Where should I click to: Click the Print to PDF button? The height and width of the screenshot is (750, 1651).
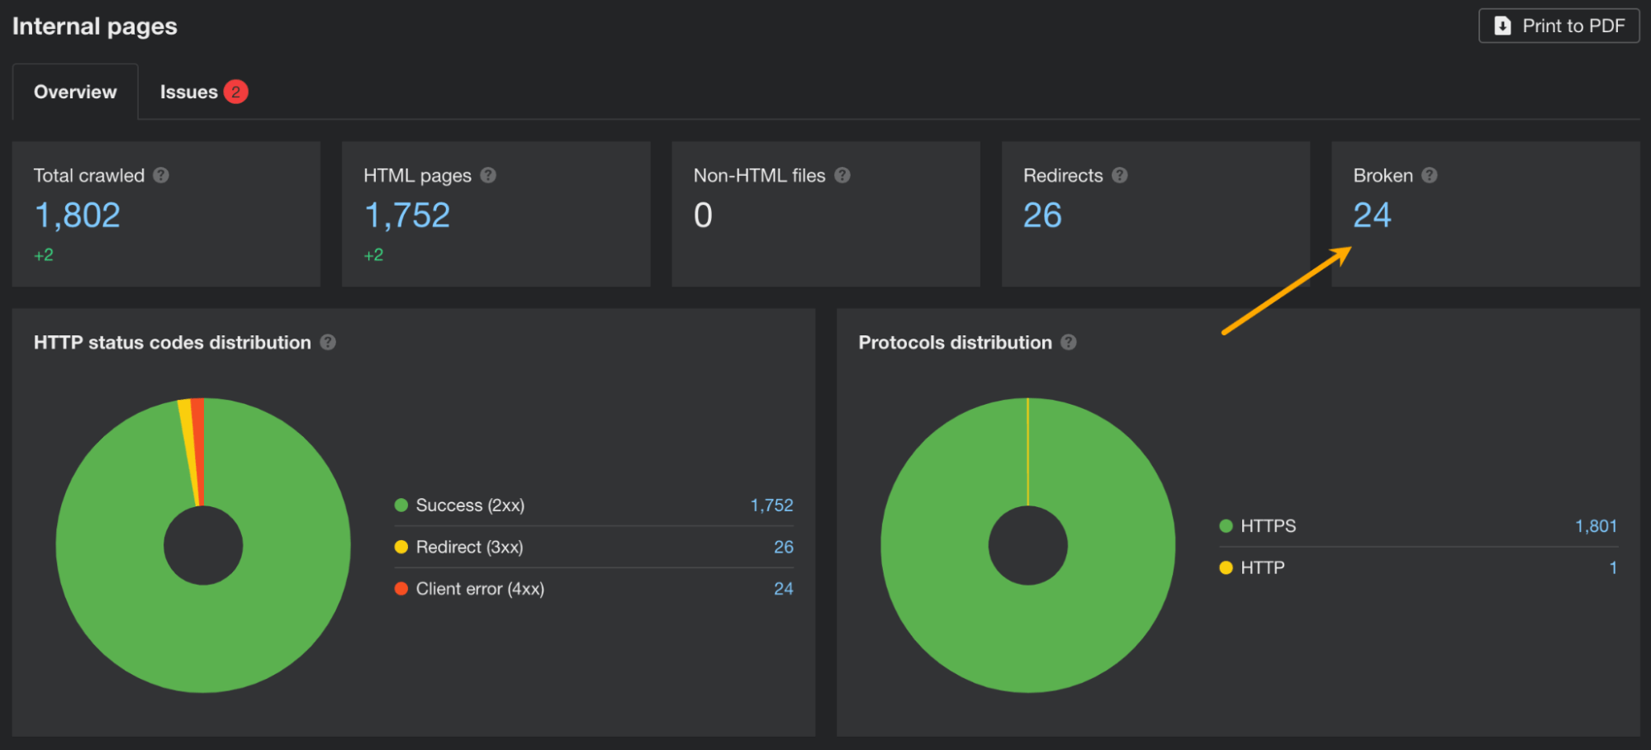coord(1558,26)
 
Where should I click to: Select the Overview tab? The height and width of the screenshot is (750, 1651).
coord(75,92)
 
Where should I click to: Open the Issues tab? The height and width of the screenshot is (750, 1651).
coord(188,92)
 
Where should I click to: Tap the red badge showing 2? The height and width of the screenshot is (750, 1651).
coord(235,92)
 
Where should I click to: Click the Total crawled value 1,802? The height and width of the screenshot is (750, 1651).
coord(77,216)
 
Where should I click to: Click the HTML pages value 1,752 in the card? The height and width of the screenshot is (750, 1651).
coord(407,216)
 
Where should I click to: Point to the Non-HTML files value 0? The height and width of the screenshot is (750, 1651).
coord(703,216)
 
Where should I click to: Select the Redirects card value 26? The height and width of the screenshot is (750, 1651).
coord(1042,216)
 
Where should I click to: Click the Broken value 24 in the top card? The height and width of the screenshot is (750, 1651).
coord(1372,216)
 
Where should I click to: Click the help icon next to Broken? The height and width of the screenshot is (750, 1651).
coord(1430,175)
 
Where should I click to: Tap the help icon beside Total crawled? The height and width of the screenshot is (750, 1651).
coord(161,175)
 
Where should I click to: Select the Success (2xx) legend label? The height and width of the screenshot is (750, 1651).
coord(470,505)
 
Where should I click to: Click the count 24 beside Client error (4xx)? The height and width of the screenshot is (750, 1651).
coord(783,589)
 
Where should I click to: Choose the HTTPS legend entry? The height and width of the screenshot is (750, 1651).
coord(1268,526)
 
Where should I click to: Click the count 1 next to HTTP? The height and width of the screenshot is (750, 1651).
coord(1612,567)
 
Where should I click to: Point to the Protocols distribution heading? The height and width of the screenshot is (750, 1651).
coord(955,342)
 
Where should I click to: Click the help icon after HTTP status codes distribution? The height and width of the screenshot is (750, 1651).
coord(328,342)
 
